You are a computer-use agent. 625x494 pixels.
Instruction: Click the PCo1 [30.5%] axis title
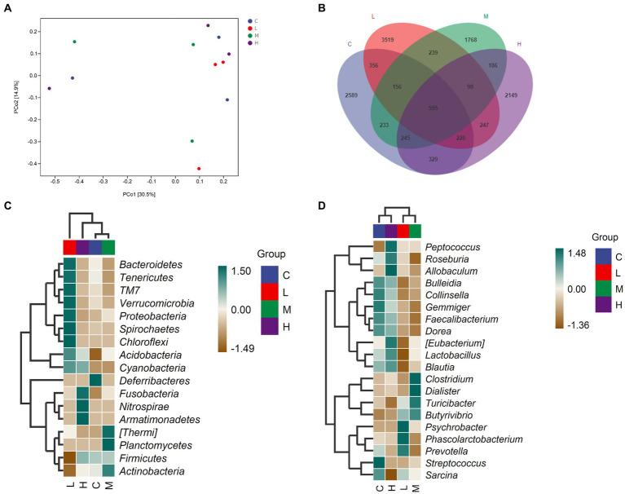[139, 194]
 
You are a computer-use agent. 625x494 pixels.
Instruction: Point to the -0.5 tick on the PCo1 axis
[55, 182]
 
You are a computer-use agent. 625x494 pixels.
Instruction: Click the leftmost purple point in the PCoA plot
[49, 88]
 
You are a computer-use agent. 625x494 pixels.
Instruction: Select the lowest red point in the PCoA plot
[199, 169]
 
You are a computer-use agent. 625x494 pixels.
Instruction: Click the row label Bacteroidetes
[151, 265]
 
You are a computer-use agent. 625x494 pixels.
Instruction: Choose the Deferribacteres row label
[156, 380]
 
